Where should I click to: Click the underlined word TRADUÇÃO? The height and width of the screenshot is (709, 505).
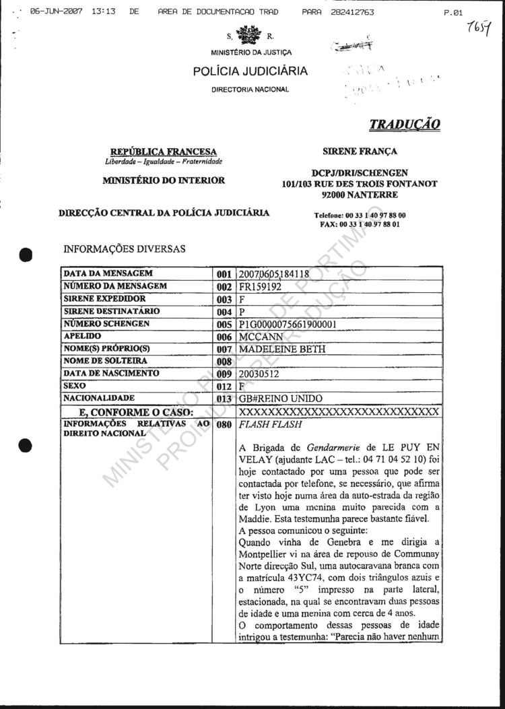[405, 125]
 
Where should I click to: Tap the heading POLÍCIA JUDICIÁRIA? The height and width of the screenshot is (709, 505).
[250, 71]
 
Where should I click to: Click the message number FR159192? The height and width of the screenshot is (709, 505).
[260, 286]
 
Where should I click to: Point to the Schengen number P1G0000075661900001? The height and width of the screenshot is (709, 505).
[288, 324]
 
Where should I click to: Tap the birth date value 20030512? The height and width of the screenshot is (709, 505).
[260, 374]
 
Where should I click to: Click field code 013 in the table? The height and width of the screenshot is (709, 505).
[224, 399]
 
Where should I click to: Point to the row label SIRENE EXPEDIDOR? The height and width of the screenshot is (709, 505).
[104, 298]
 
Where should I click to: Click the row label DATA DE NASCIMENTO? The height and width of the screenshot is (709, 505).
[111, 373]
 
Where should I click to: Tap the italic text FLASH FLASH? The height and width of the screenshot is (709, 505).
[265, 425]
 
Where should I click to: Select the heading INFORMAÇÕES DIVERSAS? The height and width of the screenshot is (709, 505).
[124, 249]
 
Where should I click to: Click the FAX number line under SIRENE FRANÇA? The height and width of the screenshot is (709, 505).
[360, 224]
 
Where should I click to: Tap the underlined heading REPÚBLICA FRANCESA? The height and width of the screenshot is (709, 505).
[164, 151]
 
